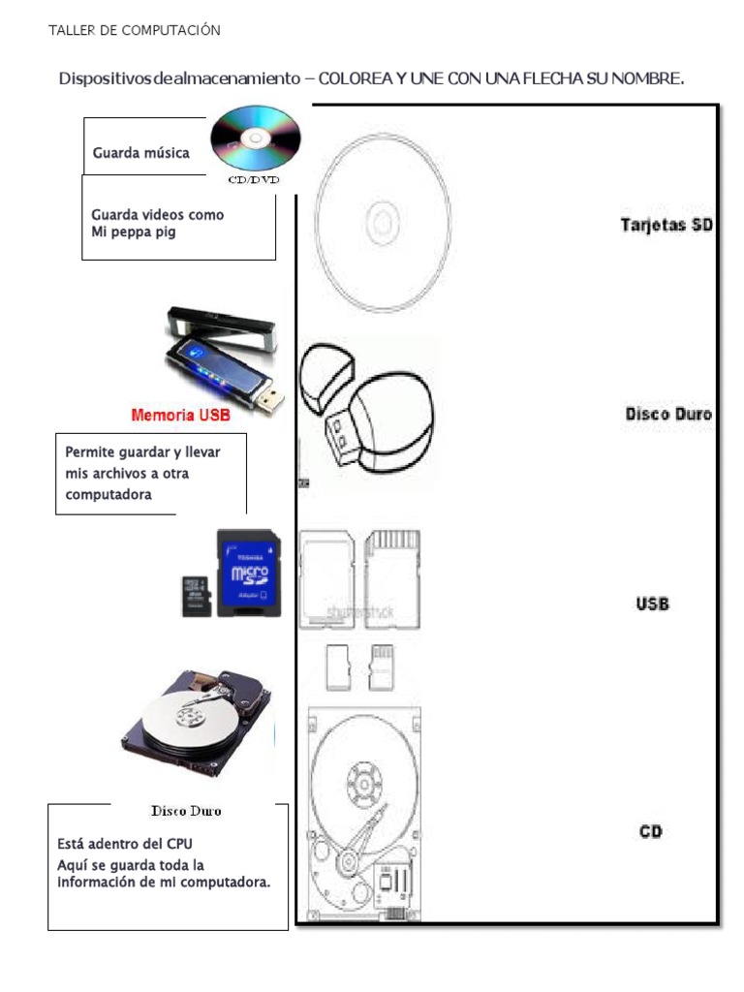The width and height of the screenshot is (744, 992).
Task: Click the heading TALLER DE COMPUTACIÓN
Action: (135, 30)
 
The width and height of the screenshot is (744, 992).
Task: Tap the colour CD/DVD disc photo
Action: (255, 141)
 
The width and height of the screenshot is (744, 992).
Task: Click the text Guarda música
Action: (140, 152)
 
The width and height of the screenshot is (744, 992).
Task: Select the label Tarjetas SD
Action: (666, 225)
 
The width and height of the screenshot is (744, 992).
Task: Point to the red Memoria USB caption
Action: (181, 416)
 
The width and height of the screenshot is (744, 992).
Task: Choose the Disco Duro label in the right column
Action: (668, 414)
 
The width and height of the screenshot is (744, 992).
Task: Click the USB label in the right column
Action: (652, 604)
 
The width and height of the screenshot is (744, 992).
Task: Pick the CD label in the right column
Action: (650, 831)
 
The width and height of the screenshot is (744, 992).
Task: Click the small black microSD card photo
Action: (197, 595)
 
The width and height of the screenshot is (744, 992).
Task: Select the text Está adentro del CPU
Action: (132, 844)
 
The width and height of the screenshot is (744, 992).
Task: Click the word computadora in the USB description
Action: (108, 494)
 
